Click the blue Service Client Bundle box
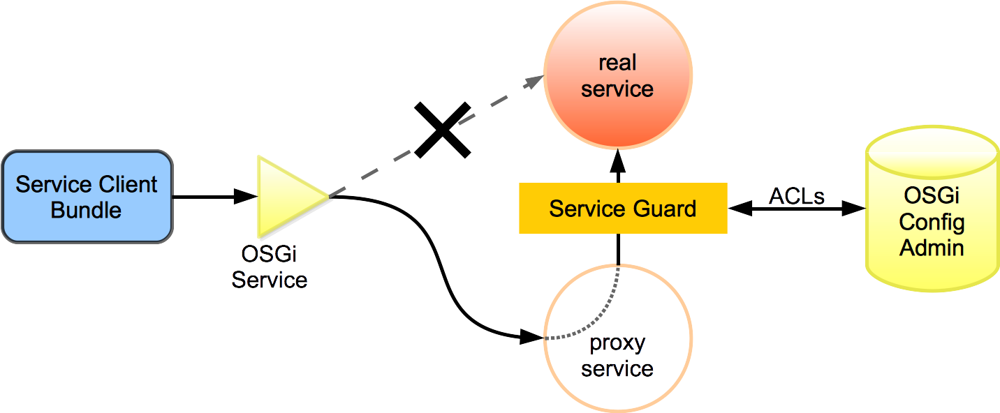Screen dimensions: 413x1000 [x=87, y=197]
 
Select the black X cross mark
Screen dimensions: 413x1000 [x=442, y=130]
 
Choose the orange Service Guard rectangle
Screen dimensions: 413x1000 [x=623, y=208]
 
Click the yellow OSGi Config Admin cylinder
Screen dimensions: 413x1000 [x=932, y=209]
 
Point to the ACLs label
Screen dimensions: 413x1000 [x=797, y=196]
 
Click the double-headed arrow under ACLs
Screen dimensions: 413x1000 [x=796, y=208]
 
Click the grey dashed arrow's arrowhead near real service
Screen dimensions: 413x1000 [x=535, y=80]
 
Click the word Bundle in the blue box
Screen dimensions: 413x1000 [x=87, y=209]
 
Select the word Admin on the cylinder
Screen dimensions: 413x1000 [x=932, y=248]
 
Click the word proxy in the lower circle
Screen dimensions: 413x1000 [x=617, y=343]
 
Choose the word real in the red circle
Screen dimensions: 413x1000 [x=617, y=63]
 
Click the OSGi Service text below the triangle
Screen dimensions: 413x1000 [x=270, y=267]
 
